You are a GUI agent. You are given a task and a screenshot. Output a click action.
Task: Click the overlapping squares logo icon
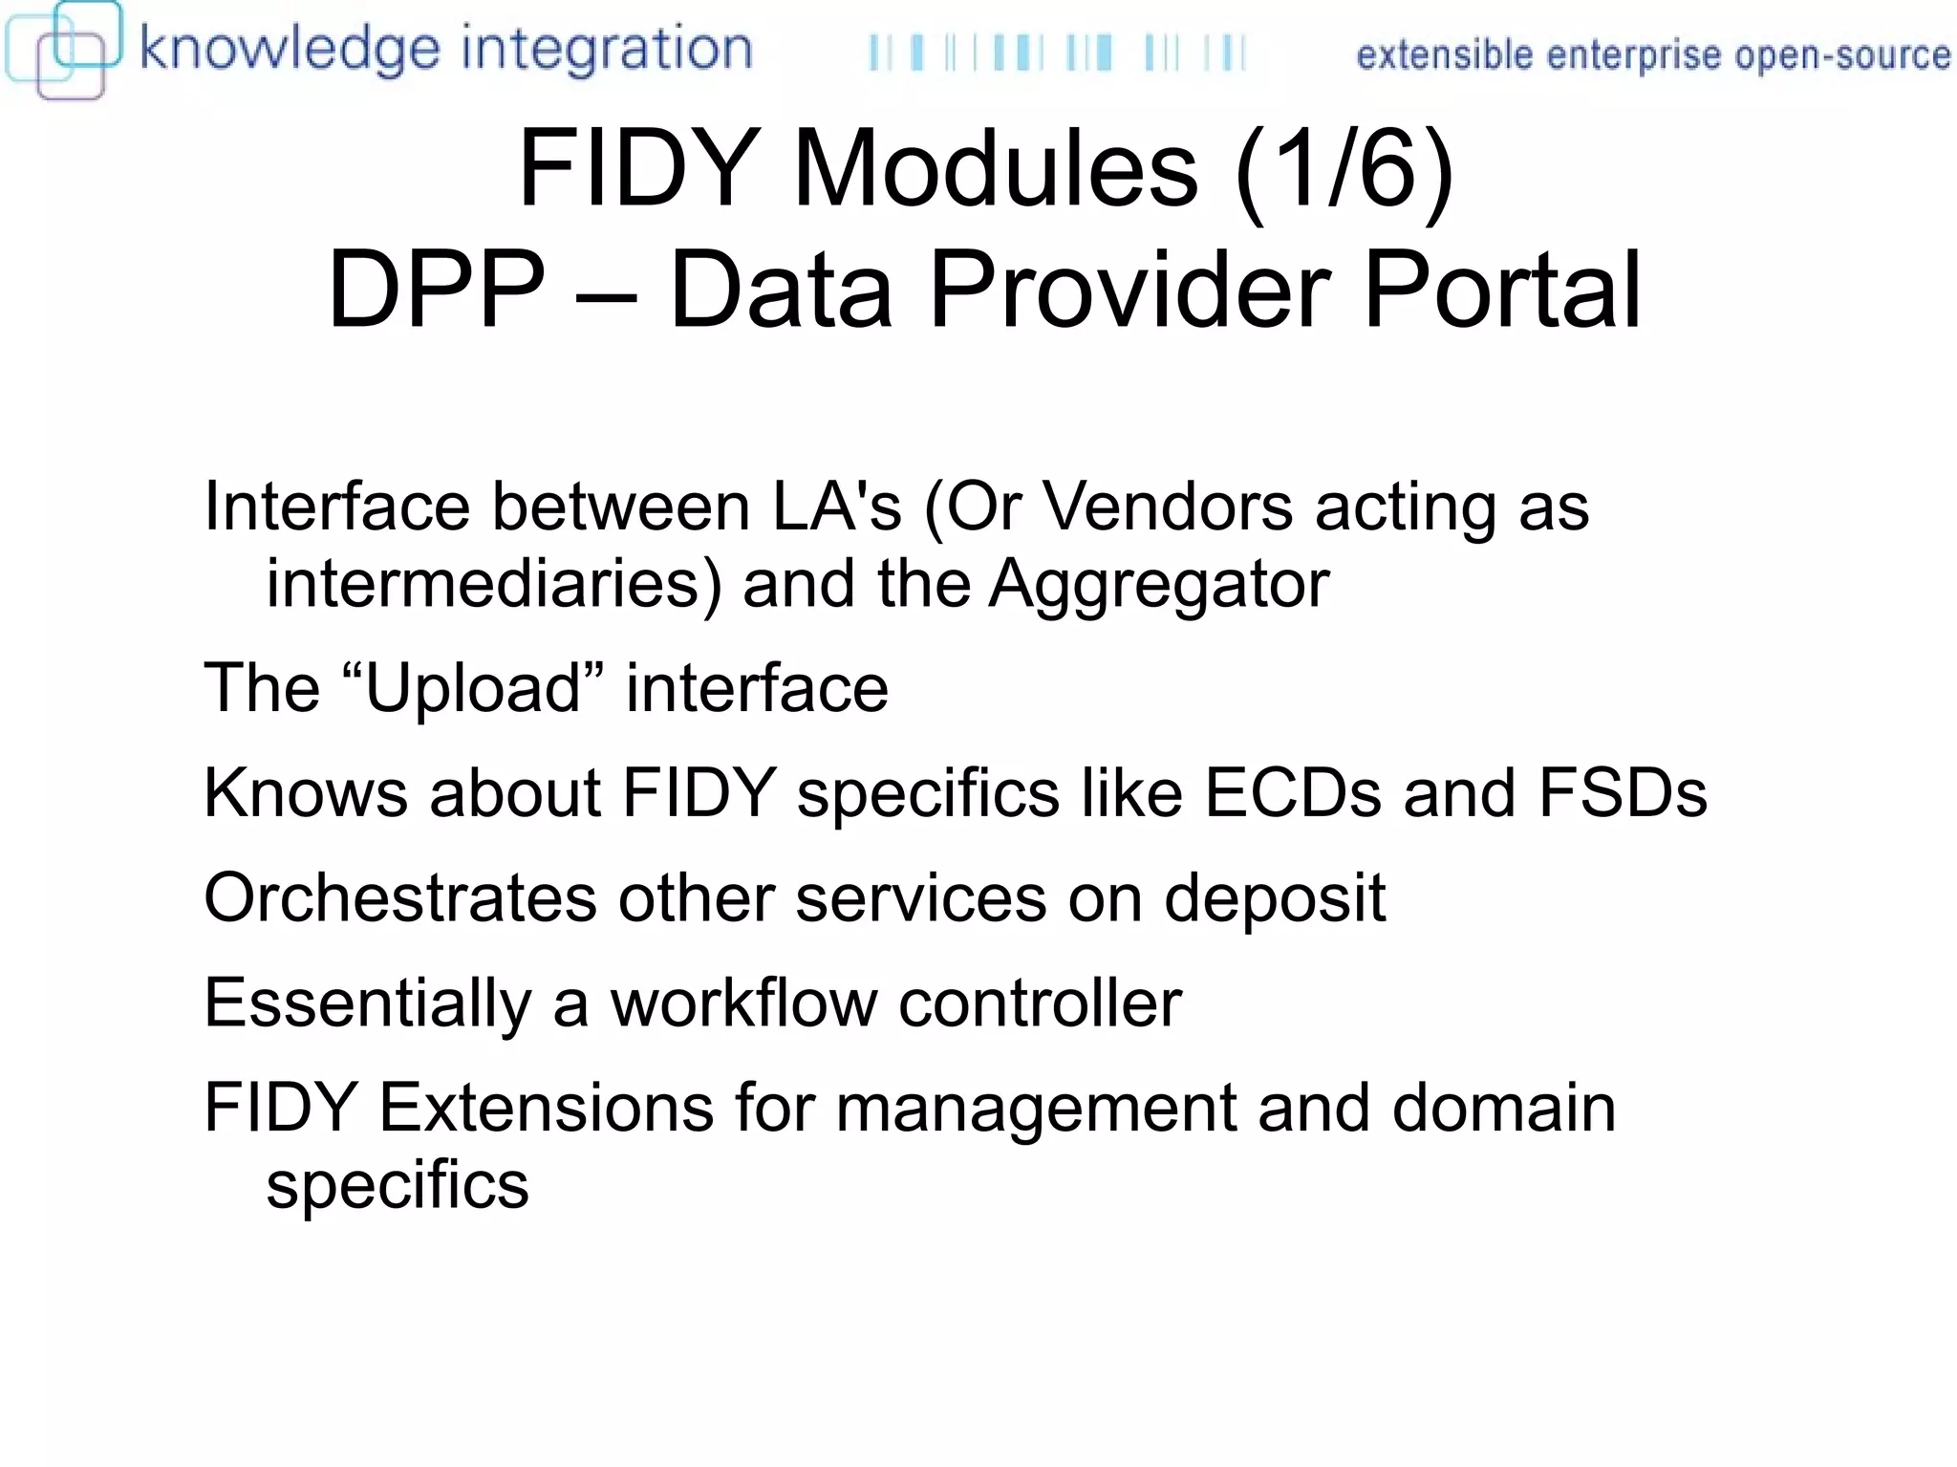(63, 50)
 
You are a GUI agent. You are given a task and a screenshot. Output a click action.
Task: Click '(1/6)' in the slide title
(1344, 169)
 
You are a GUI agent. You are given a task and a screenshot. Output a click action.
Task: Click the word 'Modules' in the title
(995, 169)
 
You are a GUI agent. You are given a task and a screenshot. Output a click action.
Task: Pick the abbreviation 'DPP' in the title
(436, 289)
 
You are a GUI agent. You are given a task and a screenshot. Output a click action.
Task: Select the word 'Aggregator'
(1158, 583)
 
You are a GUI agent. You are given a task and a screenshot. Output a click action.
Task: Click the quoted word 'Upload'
(474, 688)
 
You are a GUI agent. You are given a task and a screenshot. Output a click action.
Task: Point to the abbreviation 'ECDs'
(1292, 793)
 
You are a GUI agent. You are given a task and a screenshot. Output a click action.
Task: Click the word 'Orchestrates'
(400, 898)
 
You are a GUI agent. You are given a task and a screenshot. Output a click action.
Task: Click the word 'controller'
(1040, 1003)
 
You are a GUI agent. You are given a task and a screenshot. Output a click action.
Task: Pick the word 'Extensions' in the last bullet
(547, 1109)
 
